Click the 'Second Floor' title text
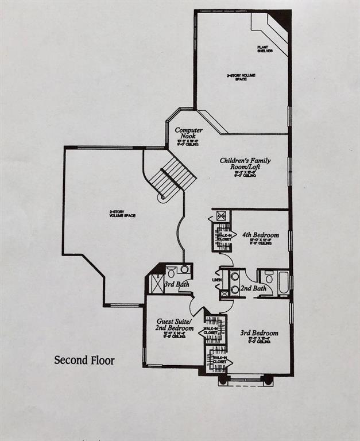[x=84, y=361]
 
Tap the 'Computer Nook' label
[x=189, y=133]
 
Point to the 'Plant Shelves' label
[x=264, y=49]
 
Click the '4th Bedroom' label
[x=260, y=235]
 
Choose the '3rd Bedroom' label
[x=260, y=333]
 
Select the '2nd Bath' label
[x=253, y=288]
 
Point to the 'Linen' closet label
[x=216, y=280]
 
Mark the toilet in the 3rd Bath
[x=171, y=272]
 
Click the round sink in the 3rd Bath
[x=184, y=269]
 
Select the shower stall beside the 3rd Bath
[x=156, y=284]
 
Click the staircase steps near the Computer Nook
[x=177, y=175]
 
